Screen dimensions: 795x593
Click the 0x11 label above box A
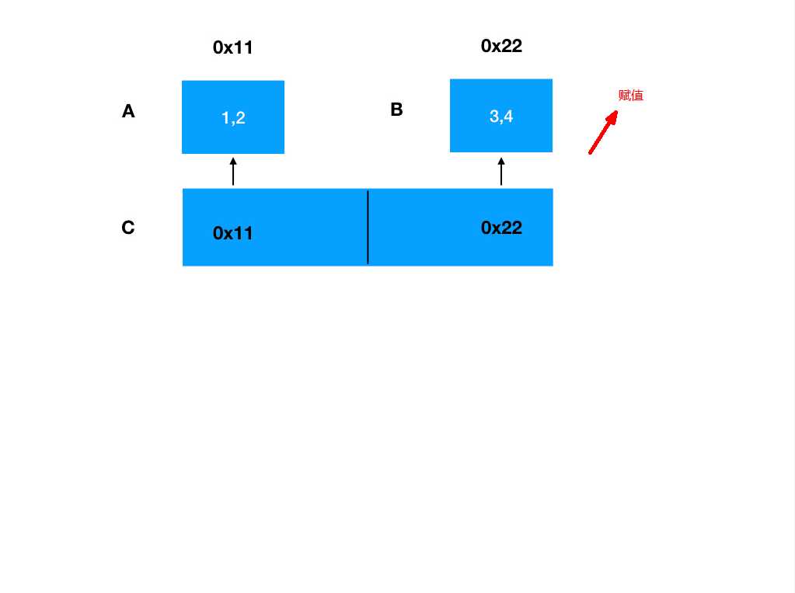[x=232, y=47]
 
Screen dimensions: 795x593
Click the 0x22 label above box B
[x=501, y=46]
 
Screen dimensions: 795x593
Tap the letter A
[x=128, y=111]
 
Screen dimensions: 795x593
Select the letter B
[x=396, y=110]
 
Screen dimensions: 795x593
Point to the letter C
[x=128, y=227]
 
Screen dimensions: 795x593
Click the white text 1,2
[x=233, y=117]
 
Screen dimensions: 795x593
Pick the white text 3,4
[x=501, y=116]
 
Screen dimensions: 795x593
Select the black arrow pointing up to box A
[x=233, y=172]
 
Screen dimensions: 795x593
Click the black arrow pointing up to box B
[x=501, y=172]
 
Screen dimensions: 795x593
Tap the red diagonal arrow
[x=603, y=132]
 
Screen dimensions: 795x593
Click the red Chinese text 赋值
[x=631, y=96]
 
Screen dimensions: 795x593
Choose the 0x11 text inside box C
[x=232, y=233]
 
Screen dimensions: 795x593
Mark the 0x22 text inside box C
[x=501, y=228]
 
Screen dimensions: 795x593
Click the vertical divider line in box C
[x=368, y=227]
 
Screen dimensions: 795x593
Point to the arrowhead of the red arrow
[x=617, y=112]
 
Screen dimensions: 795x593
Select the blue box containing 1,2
[x=233, y=117]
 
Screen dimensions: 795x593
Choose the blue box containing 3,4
[x=501, y=116]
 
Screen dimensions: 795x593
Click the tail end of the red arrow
[x=590, y=152]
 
